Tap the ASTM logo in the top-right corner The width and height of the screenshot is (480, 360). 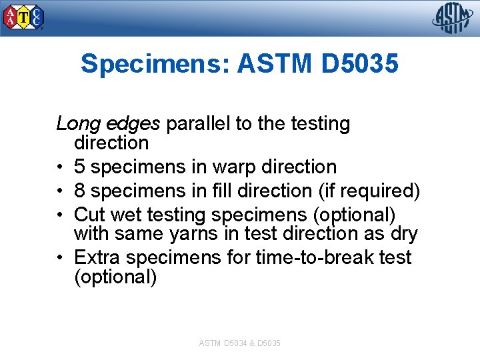tap(453, 18)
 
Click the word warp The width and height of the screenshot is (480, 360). tap(235, 167)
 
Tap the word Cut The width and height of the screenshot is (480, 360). tap(89, 215)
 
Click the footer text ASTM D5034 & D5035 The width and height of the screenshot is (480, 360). tap(240, 343)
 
